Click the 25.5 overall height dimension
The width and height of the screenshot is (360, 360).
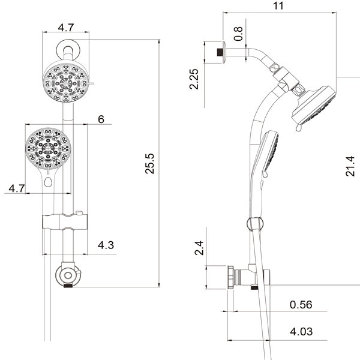(149, 163)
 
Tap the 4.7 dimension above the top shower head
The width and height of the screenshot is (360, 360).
(66, 28)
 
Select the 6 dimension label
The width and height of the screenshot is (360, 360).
(101, 119)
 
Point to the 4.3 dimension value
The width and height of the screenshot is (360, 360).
(106, 245)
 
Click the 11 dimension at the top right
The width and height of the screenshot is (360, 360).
(278, 6)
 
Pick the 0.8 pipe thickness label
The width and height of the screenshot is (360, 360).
(238, 34)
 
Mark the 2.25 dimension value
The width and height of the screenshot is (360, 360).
(194, 79)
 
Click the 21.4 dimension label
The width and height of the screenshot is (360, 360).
(350, 166)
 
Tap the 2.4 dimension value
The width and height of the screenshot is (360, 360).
(199, 248)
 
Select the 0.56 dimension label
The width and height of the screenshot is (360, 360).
(301, 305)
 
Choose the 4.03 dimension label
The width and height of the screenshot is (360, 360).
(301, 332)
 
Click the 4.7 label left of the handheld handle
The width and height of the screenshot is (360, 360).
(17, 188)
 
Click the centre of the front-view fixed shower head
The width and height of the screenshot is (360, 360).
(65, 83)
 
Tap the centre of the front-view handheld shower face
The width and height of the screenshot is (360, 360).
(48, 148)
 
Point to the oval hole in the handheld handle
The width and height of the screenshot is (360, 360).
(48, 182)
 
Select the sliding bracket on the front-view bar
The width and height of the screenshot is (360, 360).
(65, 221)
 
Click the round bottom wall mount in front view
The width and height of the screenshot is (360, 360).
(68, 275)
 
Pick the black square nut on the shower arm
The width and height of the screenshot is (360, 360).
(220, 52)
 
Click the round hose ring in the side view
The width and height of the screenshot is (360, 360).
(255, 224)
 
